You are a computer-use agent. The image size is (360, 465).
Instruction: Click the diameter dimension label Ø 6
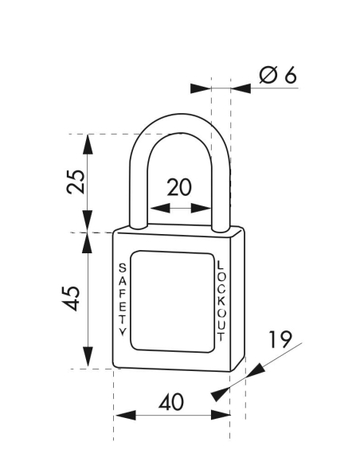277,76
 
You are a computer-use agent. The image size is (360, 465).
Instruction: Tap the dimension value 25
73,182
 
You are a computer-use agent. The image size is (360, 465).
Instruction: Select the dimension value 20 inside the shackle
179,188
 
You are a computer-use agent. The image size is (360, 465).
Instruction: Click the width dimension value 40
171,402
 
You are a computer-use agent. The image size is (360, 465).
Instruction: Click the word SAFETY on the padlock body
122,299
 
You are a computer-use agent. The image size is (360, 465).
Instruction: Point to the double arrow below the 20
179,209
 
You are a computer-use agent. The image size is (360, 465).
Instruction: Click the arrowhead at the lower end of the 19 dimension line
216,395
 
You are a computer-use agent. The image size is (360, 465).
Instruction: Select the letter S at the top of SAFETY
122,267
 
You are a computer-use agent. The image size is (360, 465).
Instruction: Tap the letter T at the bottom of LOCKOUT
221,334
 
